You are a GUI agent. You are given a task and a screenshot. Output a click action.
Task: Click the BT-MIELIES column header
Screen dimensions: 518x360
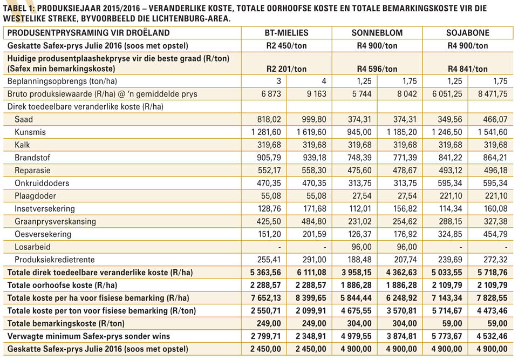coord(287,33)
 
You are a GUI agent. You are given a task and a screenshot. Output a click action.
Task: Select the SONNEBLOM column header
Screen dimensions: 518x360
coord(377,33)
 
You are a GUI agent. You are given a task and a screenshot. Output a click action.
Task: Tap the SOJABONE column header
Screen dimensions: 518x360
coord(468,33)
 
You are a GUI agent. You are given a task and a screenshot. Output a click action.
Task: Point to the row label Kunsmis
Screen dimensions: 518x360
coord(30,132)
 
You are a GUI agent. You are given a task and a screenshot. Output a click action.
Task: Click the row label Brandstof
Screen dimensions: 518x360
coord(32,158)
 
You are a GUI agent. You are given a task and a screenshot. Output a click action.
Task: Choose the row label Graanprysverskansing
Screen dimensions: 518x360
coord(55,221)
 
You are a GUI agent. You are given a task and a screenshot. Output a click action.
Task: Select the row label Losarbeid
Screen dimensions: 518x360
coord(32,247)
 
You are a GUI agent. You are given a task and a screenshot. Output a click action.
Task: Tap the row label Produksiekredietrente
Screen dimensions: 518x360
coord(54,260)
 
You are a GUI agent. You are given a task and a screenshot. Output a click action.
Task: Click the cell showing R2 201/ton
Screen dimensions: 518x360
coord(287,69)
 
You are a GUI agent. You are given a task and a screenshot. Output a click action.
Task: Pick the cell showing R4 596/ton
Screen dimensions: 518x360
coord(377,69)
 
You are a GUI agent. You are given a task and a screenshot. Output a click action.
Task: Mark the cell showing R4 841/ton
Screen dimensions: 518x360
coord(468,69)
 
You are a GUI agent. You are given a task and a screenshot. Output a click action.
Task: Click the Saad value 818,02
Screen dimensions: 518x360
coord(269,119)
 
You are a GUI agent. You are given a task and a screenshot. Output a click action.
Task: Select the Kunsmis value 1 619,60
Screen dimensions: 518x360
coord(311,132)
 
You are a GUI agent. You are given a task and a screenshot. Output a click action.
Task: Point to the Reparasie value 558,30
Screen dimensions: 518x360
coord(314,171)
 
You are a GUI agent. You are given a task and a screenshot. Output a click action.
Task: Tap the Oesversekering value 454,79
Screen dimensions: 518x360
coord(495,234)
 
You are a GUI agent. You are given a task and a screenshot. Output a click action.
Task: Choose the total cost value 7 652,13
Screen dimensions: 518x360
coord(266,298)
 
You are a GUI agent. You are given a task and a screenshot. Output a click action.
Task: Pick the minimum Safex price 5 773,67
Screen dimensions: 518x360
coord(447,336)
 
